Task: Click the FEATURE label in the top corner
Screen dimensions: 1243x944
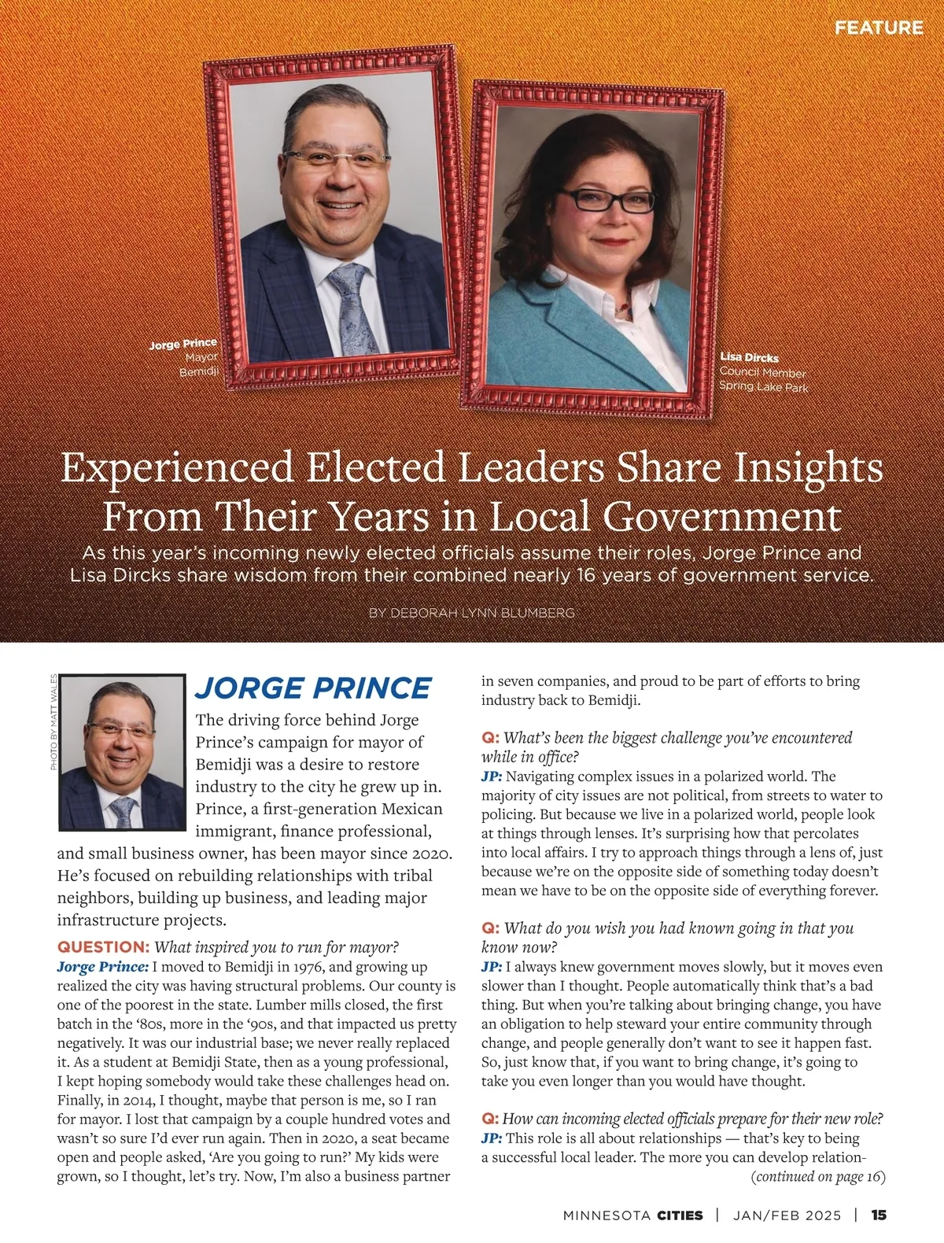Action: (878, 28)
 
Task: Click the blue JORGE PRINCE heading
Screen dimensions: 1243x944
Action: (313, 688)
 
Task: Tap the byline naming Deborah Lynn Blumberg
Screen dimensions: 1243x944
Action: (471, 612)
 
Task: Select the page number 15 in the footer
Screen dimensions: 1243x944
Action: (879, 1215)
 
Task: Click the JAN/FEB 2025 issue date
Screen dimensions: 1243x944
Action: (787, 1215)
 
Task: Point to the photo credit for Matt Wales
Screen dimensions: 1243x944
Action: (53, 722)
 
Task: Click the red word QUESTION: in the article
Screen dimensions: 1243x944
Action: (103, 947)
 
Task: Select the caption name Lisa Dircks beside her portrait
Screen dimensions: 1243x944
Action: (749, 357)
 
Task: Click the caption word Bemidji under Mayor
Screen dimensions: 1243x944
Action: (198, 371)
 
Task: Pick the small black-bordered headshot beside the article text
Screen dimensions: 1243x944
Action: (122, 752)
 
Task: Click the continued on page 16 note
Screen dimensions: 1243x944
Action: (818, 1177)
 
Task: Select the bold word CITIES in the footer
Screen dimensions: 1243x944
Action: (680, 1215)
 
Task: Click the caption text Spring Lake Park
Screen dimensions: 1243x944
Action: (763, 386)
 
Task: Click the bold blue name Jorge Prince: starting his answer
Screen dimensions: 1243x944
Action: (102, 967)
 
